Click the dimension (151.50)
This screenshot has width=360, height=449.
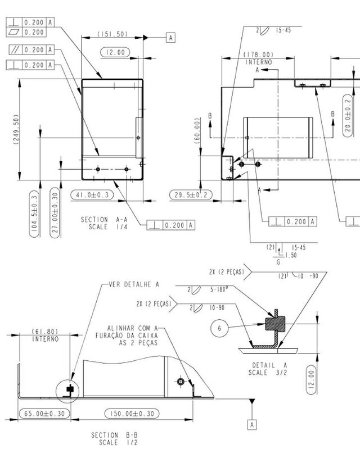pos(112,34)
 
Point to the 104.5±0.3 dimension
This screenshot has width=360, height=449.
pos(34,215)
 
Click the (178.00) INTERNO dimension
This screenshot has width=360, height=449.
pos(258,58)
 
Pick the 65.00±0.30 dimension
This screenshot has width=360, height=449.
pos(43,413)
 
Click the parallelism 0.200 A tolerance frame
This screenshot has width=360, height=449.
pos(31,50)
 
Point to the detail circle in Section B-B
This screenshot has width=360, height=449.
pos(69,389)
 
